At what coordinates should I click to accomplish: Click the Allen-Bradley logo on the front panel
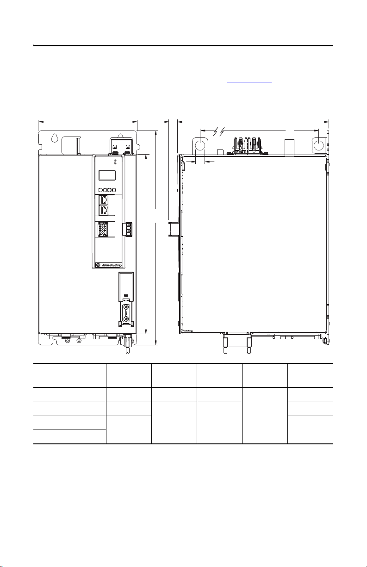[x=109, y=265]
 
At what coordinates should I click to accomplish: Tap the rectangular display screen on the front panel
[x=107, y=175]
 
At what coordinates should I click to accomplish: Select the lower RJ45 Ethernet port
[x=104, y=210]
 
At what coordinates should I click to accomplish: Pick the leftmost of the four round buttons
[x=100, y=190]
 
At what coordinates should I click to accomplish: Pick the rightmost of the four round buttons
[x=114, y=190]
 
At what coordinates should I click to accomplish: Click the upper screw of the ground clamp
[x=126, y=307]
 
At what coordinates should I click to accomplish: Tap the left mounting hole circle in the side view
[x=200, y=145]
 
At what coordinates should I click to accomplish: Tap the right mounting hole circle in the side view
[x=318, y=144]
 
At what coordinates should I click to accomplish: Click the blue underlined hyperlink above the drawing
[x=249, y=82]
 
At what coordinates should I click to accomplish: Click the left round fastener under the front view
[x=67, y=341]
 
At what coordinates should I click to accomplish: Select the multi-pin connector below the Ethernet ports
[x=102, y=229]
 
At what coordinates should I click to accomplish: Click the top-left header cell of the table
[x=69, y=375]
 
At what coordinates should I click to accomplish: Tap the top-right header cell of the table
[x=310, y=375]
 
